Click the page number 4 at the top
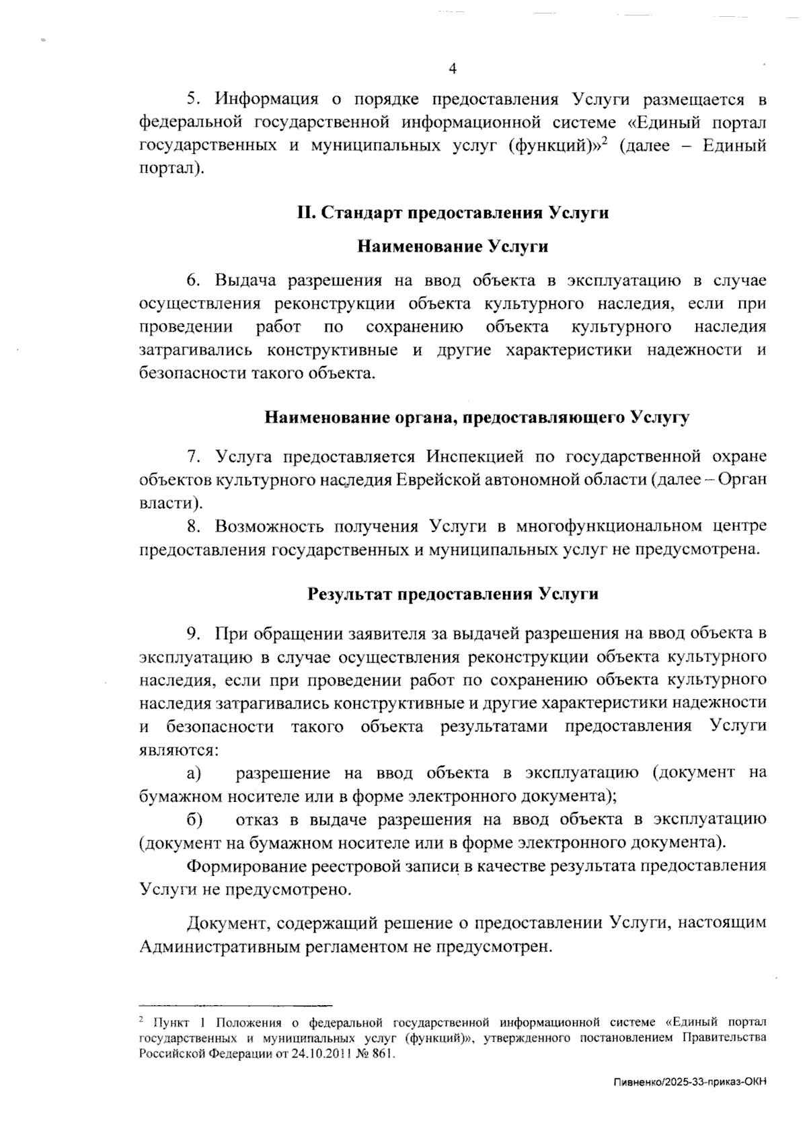(452, 69)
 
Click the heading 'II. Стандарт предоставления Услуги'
(453, 213)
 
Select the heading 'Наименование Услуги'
(452, 247)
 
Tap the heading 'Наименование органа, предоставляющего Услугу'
(477, 417)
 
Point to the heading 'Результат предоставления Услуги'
(453, 594)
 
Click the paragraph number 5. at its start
(194, 100)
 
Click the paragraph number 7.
(194, 457)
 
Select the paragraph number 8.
(194, 526)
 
